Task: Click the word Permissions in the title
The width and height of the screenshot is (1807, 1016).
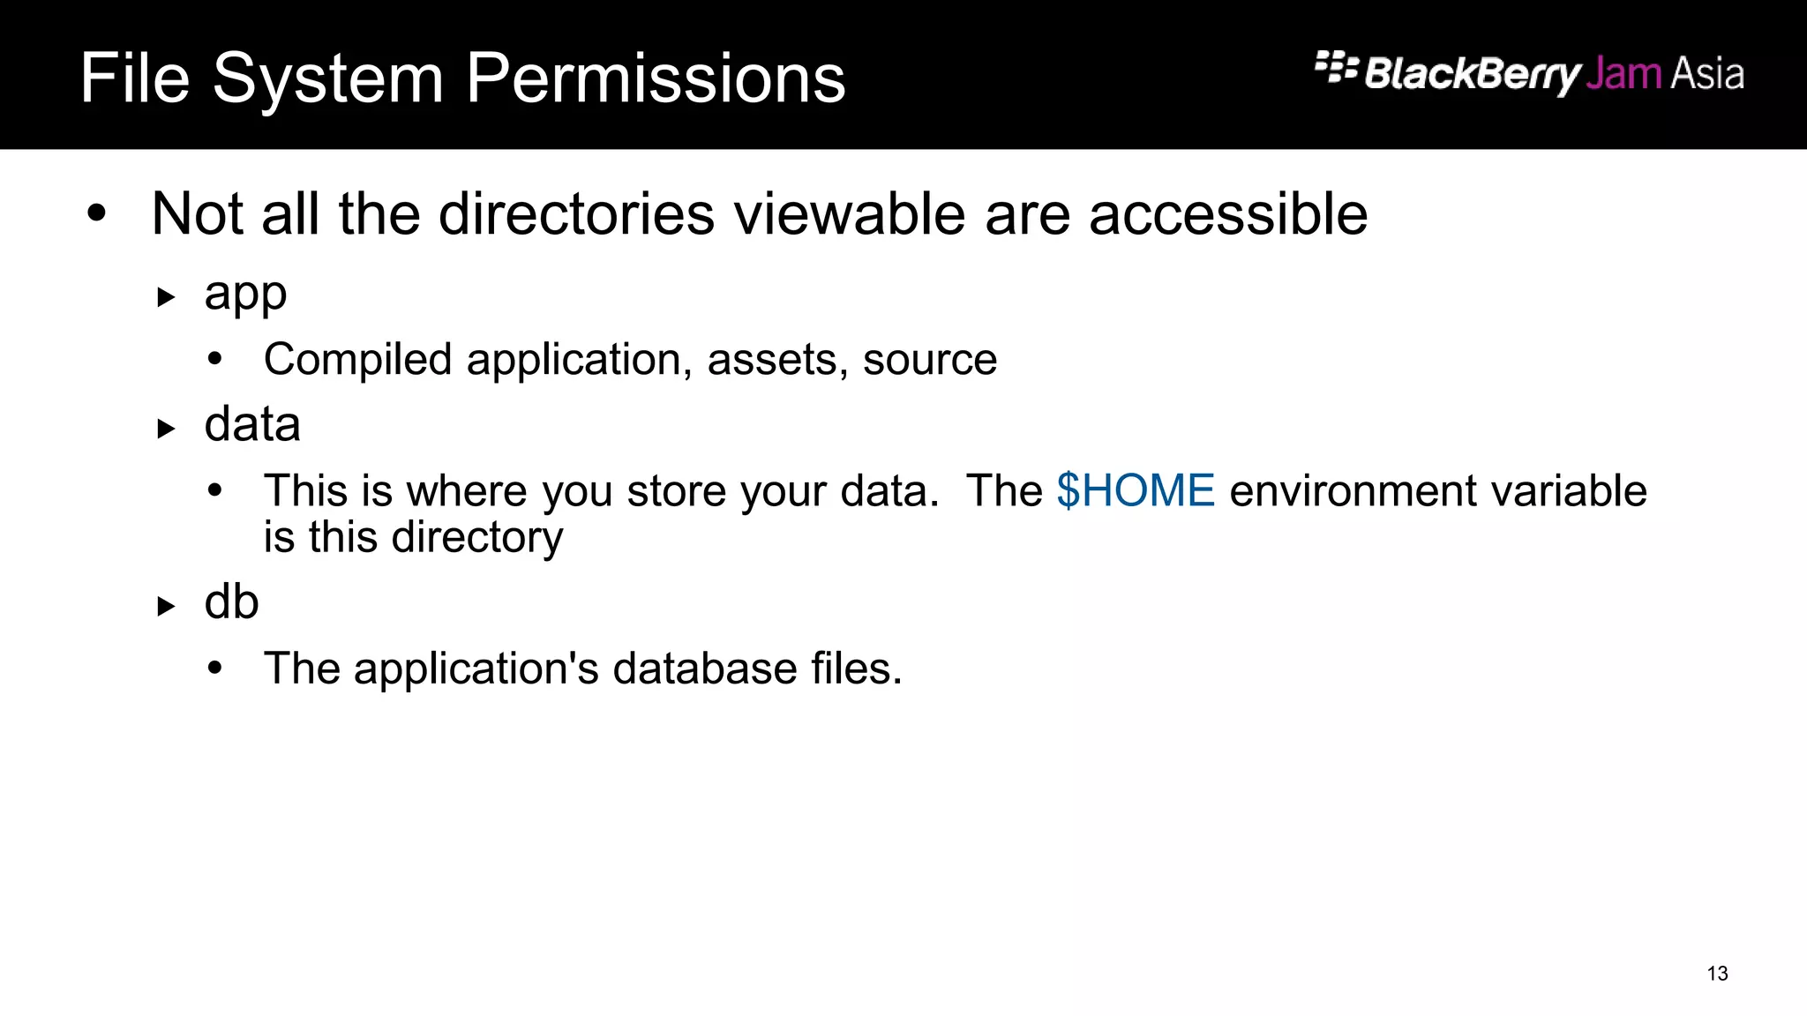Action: pos(656,79)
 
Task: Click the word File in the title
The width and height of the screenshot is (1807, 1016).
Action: pos(134,78)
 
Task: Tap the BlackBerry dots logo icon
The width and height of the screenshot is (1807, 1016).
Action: pos(1336,68)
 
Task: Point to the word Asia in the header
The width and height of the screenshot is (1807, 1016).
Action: pos(1706,74)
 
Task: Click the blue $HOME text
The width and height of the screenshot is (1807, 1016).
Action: pos(1136,490)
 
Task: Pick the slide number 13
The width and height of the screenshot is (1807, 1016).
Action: pos(1717,974)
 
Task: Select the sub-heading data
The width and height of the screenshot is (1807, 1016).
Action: pos(252,425)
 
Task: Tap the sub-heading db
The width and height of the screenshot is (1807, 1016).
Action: pos(231,602)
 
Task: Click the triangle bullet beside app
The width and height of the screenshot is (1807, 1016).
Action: pos(166,297)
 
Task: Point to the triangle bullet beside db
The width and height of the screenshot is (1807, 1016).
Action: pos(166,607)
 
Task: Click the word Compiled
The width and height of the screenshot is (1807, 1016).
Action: pos(357,360)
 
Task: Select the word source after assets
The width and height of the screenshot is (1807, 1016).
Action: pos(930,360)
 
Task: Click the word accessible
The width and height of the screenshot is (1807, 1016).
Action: pos(1228,214)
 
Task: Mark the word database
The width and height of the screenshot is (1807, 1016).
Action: pos(705,669)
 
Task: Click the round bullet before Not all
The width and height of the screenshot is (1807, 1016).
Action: pos(97,214)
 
